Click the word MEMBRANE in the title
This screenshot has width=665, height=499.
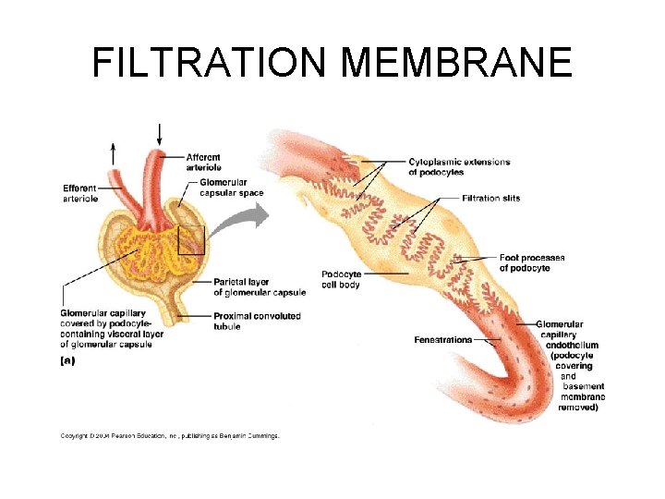(x=457, y=63)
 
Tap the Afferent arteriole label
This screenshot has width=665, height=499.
(x=203, y=163)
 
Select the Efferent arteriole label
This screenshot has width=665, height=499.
(x=79, y=193)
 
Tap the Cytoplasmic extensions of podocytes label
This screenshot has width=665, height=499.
(x=459, y=167)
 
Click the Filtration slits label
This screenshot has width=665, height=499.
(x=491, y=198)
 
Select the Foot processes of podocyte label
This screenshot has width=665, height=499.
(x=531, y=262)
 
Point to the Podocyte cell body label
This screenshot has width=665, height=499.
(x=341, y=279)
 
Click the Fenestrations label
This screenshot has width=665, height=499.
(x=442, y=340)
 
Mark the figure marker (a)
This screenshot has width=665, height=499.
(x=67, y=361)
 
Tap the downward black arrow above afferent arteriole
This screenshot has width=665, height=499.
(x=161, y=134)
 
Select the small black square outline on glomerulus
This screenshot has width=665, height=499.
(x=191, y=240)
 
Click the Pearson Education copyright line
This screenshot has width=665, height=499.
(x=170, y=435)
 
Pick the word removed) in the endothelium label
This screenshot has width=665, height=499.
(x=578, y=407)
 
